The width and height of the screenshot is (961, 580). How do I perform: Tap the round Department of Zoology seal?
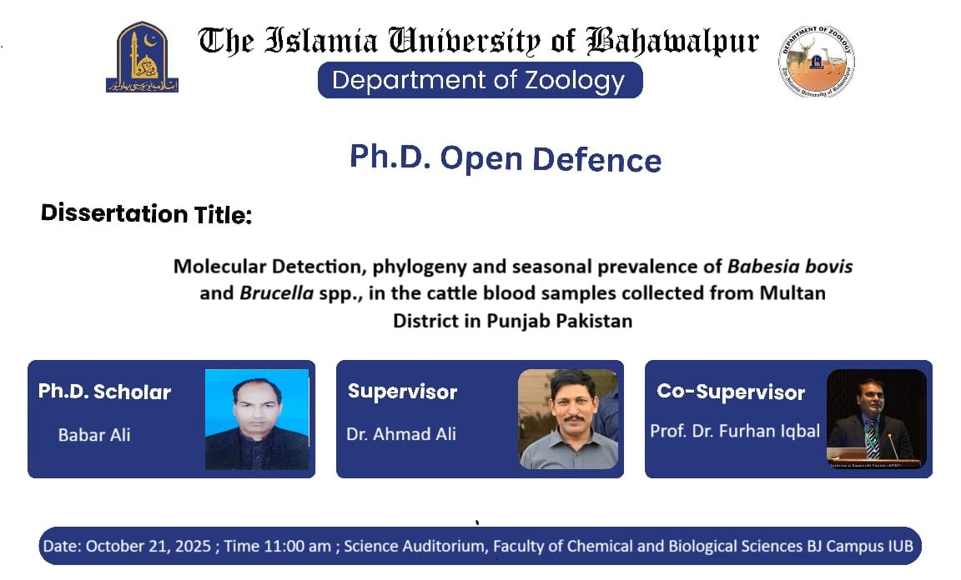[817, 61]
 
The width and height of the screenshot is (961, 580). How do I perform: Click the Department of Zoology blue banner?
[479, 81]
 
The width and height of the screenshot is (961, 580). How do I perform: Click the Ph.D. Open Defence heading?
[506, 157]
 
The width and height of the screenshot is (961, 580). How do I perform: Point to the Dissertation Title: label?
[146, 214]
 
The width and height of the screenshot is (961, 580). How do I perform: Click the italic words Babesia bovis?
[790, 267]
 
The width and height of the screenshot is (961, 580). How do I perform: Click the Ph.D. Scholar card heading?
[104, 392]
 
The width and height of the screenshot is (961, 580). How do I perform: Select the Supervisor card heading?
[402, 392]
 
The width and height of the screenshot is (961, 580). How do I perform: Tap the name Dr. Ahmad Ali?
[401, 433]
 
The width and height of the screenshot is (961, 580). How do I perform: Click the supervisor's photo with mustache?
[568, 419]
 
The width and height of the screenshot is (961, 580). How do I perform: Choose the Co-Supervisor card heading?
[731, 392]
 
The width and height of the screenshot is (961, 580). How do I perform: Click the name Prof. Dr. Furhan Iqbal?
[735, 431]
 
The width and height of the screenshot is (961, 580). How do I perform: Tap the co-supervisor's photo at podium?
[877, 419]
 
